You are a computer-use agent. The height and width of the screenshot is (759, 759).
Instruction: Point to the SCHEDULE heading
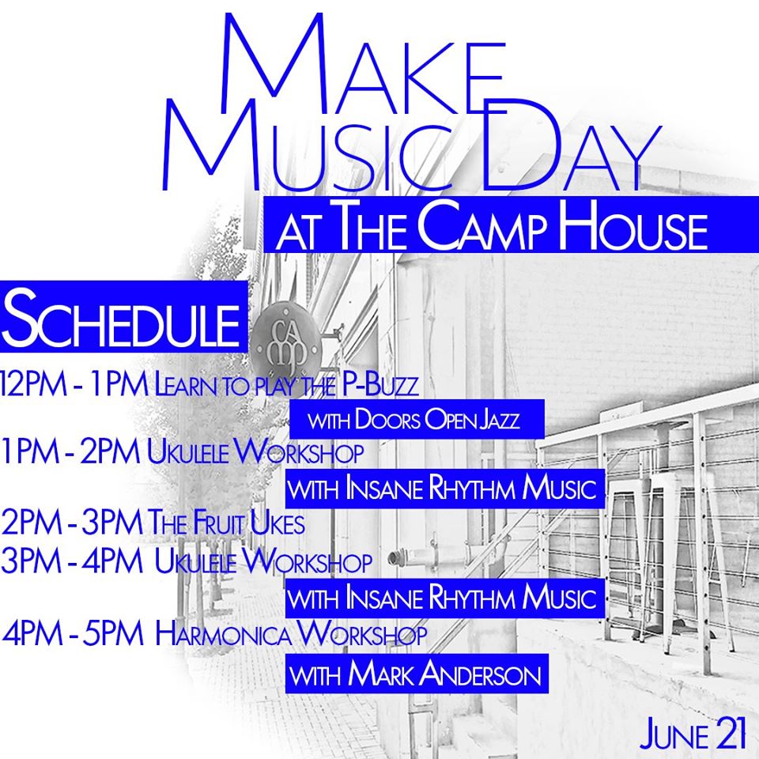(x=123, y=316)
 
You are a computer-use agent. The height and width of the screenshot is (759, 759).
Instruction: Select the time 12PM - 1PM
(x=74, y=385)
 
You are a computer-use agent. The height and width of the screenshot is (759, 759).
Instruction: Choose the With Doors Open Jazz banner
(x=417, y=419)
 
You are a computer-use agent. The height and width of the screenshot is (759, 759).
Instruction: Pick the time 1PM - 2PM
(x=70, y=451)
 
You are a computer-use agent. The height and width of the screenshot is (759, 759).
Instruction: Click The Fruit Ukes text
(x=226, y=523)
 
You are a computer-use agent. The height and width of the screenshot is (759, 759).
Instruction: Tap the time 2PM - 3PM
(x=72, y=523)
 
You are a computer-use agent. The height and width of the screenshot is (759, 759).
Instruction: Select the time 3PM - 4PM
(x=72, y=561)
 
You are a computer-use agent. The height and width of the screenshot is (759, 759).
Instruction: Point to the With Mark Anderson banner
(x=417, y=674)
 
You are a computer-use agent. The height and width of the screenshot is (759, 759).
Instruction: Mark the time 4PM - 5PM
(x=73, y=633)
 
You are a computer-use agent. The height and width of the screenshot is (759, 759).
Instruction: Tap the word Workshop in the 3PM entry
(x=307, y=561)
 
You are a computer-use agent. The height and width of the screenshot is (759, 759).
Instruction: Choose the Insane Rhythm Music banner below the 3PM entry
(x=445, y=598)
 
